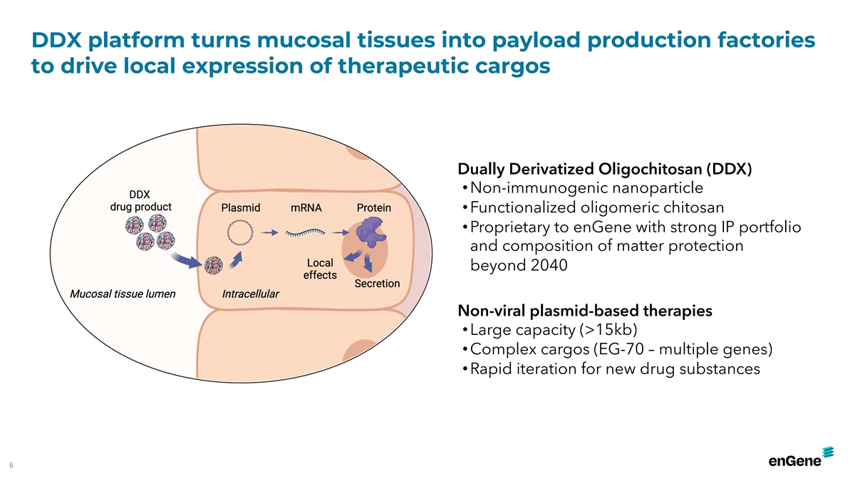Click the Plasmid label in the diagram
pyautogui.click(x=241, y=207)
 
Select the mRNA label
pyautogui.click(x=306, y=207)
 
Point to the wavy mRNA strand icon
pyautogui.click(x=306, y=232)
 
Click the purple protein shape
pyautogui.click(x=370, y=232)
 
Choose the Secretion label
pyautogui.click(x=377, y=284)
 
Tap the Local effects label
pyautogui.click(x=320, y=269)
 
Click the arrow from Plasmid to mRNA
pyautogui.click(x=269, y=232)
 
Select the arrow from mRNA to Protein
pyautogui.click(x=340, y=232)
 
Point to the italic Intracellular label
pyautogui.click(x=250, y=294)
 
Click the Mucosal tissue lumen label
pyautogui.click(x=123, y=294)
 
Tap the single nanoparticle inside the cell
pyautogui.click(x=213, y=265)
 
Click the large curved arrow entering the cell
pyautogui.click(x=186, y=260)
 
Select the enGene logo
pyautogui.click(x=801, y=457)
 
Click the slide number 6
pyautogui.click(x=11, y=465)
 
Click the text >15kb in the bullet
pyautogui.click(x=608, y=329)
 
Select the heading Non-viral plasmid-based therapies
pyautogui.click(x=585, y=311)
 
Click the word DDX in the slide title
pyautogui.click(x=56, y=40)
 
